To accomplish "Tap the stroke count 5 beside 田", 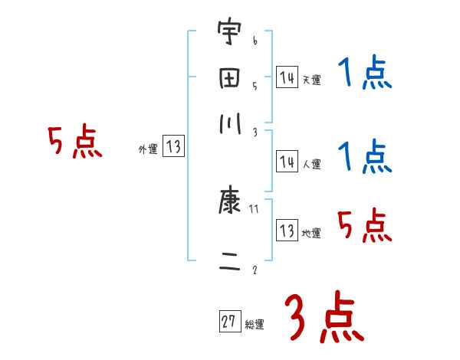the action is coord(255,86).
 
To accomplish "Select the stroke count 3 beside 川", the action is coord(255,132).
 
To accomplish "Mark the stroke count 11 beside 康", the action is coord(255,208).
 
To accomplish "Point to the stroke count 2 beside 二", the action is coord(255,270).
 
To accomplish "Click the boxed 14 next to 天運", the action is coord(287,77).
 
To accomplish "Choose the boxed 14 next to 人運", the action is coord(287,162).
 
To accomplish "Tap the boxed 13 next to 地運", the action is coord(287,231).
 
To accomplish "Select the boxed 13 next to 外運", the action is coord(174,148).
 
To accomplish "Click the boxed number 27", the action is coord(228,322).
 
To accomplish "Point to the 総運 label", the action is coord(255,325).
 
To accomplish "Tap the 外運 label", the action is coord(148,150).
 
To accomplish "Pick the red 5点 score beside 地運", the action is coord(364,225).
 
